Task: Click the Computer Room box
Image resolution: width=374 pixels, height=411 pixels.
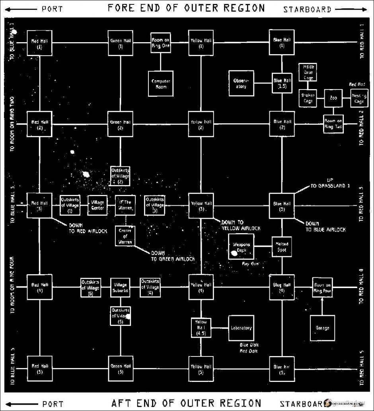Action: [161, 84]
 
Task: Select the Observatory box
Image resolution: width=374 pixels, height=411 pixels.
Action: [241, 83]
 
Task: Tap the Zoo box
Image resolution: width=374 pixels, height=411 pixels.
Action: [333, 98]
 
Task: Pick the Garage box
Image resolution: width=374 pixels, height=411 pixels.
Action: [322, 328]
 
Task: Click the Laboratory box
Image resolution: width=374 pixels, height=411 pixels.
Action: [241, 328]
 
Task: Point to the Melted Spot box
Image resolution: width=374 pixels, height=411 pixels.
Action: [282, 247]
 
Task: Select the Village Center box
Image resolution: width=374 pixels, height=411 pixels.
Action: [97, 205]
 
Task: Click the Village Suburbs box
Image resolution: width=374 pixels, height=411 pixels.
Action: [120, 288]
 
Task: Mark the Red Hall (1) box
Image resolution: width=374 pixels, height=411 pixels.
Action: [39, 43]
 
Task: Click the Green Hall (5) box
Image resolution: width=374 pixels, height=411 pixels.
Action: [120, 369]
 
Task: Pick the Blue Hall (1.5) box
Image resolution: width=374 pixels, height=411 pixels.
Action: [282, 83]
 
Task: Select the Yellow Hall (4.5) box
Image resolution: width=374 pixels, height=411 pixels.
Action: [201, 328]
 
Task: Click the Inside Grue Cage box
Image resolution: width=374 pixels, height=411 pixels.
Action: [308, 72]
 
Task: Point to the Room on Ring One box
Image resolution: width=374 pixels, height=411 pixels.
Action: [161, 43]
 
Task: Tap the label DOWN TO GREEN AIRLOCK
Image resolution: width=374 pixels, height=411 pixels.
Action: [173, 256]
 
